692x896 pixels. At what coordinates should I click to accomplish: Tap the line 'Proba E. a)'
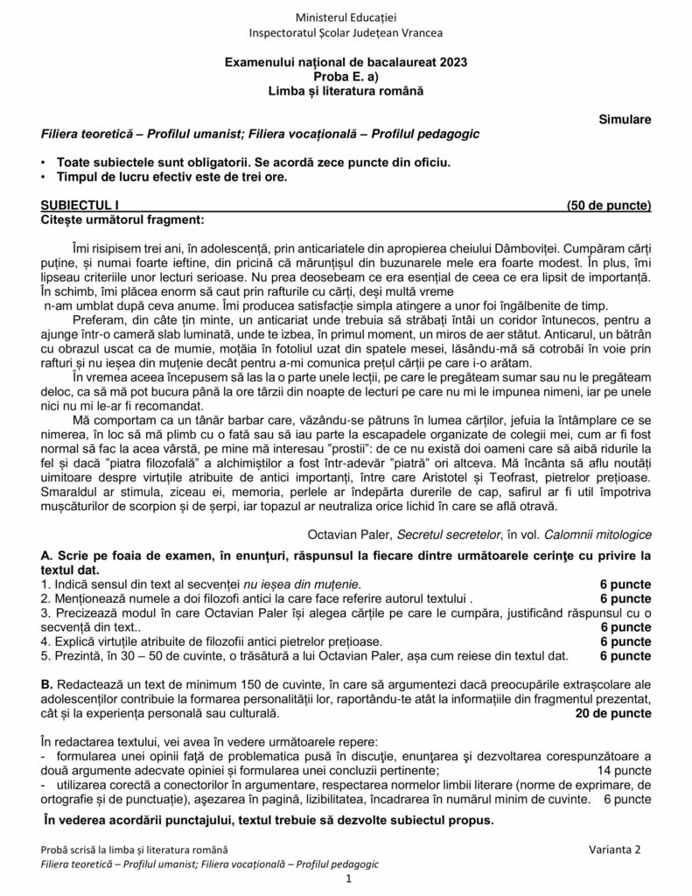point(346,76)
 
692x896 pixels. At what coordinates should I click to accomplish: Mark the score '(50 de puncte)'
point(609,206)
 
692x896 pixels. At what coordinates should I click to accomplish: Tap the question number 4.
point(45,641)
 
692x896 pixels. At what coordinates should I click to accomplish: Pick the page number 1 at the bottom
point(347,878)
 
